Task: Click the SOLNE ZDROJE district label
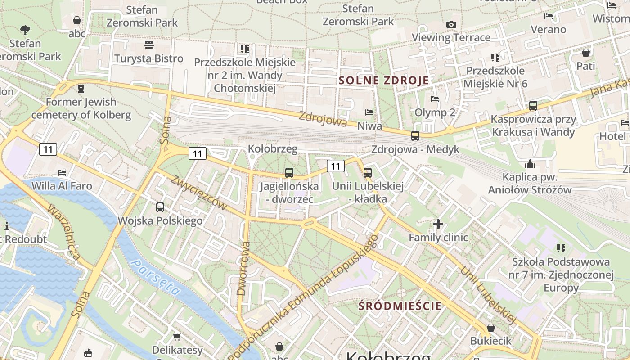[383, 81]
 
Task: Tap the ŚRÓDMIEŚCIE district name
[400, 306]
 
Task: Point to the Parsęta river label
[155, 278]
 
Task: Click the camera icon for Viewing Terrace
[451, 24]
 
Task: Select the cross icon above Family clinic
[438, 224]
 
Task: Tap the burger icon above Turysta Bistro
[149, 45]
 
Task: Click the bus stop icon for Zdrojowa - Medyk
[415, 135]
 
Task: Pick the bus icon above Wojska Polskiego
[160, 207]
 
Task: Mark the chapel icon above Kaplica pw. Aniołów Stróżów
[530, 164]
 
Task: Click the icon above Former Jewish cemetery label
[81, 89]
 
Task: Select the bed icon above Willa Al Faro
[62, 172]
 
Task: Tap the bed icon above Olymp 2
[435, 99]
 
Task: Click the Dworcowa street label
[243, 269]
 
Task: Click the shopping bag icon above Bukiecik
[491, 328]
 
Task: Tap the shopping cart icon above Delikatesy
[177, 337]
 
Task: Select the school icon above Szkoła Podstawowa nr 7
[561, 248]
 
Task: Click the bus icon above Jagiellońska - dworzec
[289, 172]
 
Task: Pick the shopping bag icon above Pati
[585, 53]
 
